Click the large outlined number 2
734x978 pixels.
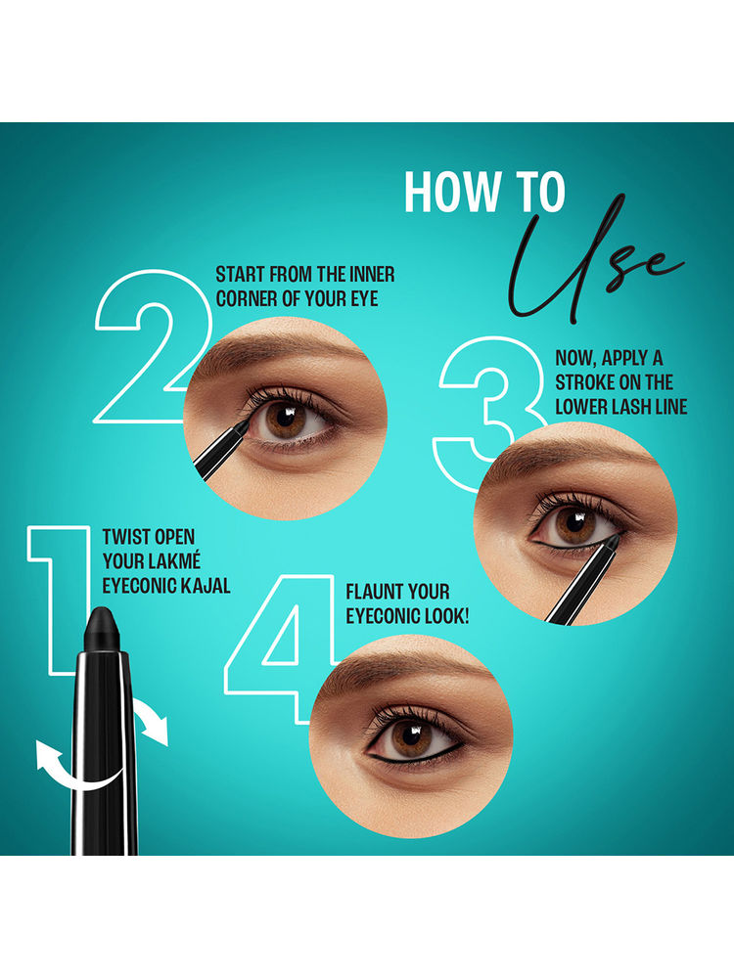pyautogui.click(x=150, y=347)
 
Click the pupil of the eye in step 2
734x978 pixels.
pyautogui.click(x=285, y=417)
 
